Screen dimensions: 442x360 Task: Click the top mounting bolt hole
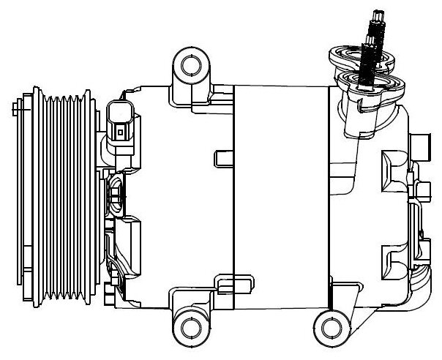[190, 66]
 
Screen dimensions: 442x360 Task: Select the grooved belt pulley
[64, 195]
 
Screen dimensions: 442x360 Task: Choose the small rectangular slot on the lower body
[225, 279]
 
